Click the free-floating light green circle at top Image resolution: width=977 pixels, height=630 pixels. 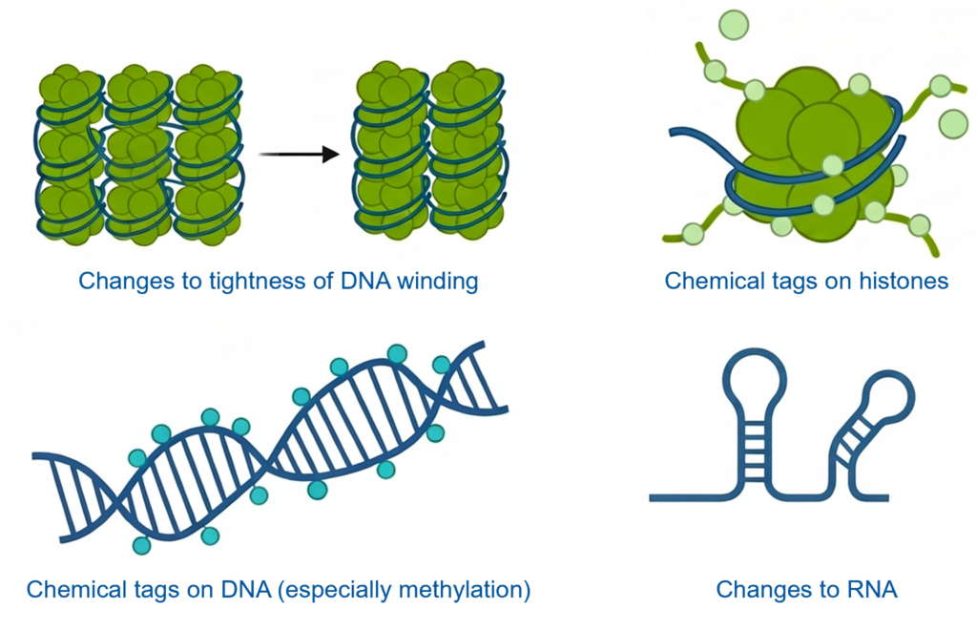click(733, 24)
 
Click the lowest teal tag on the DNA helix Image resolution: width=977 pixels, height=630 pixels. click(142, 545)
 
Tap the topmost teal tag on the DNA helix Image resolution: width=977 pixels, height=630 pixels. click(397, 354)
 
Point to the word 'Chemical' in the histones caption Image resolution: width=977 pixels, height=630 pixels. click(708, 282)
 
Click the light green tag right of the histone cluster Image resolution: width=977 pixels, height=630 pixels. click(952, 122)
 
